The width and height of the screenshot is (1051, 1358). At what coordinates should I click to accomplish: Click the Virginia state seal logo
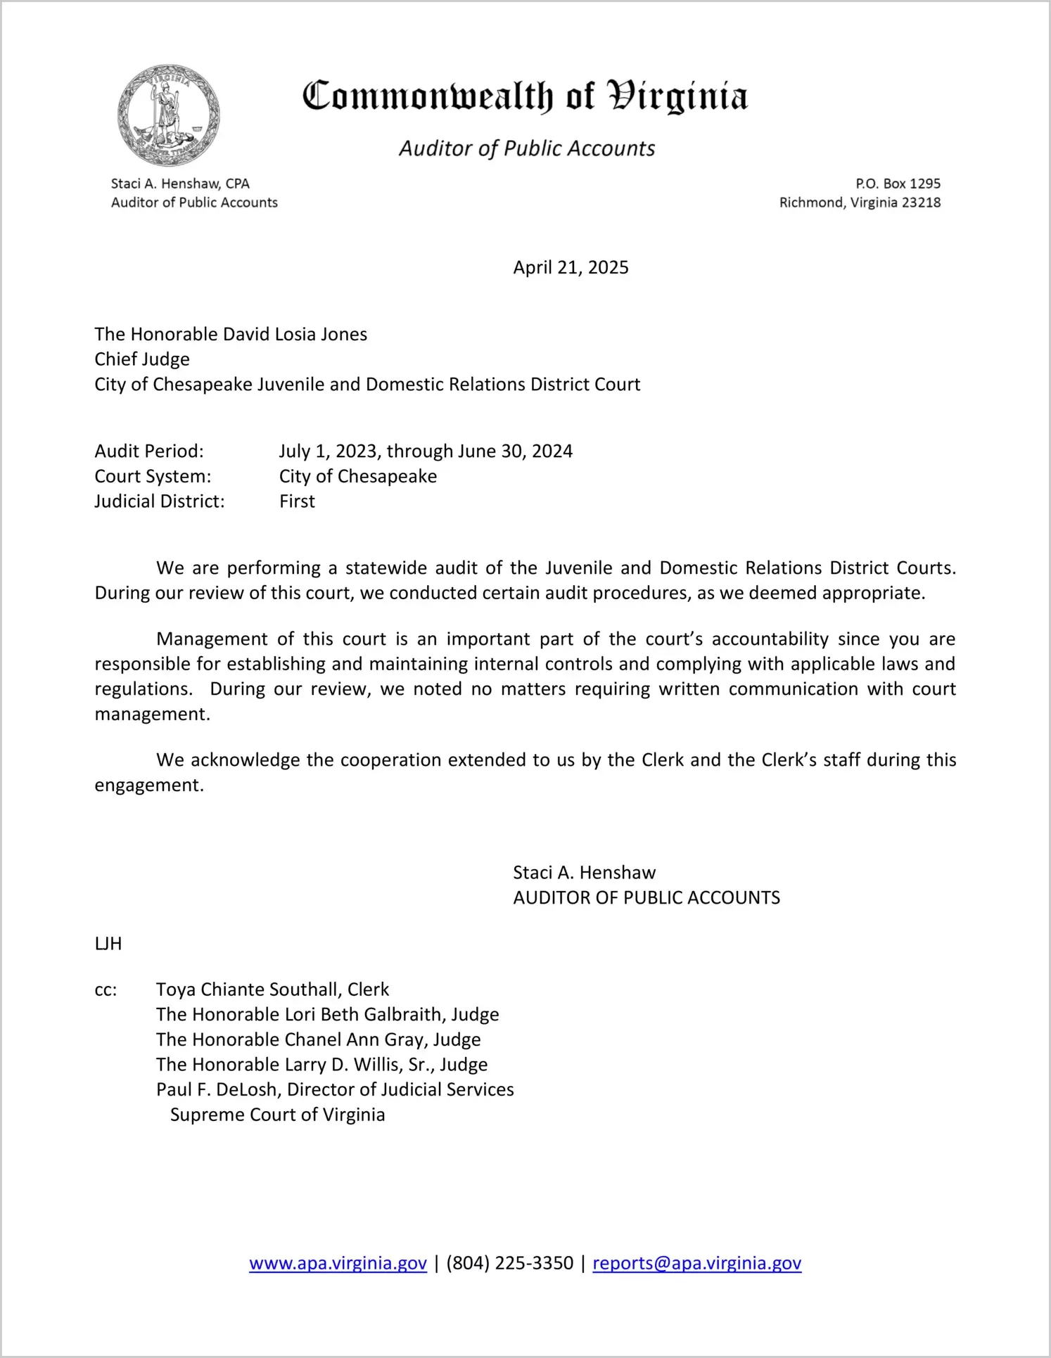click(169, 115)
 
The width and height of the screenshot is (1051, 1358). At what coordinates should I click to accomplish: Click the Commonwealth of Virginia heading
click(525, 96)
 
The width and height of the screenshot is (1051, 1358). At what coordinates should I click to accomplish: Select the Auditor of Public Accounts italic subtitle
click(527, 148)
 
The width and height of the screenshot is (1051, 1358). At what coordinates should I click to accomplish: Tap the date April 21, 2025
click(571, 268)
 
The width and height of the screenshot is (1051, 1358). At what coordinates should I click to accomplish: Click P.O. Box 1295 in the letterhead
click(898, 184)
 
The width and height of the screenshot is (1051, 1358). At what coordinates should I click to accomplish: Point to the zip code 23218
click(921, 203)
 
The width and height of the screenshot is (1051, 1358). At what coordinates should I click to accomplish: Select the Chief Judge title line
click(142, 359)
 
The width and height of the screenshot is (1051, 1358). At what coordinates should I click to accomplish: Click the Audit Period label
click(149, 451)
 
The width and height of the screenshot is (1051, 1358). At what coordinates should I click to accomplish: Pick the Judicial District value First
click(297, 501)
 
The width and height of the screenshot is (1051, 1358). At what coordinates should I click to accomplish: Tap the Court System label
click(153, 476)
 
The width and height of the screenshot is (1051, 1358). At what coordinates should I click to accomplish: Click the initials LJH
click(108, 944)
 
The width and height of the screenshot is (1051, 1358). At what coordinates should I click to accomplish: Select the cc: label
click(106, 990)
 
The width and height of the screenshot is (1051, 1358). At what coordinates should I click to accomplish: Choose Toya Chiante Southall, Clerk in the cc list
click(272, 990)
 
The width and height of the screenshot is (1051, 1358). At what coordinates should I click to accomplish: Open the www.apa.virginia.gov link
click(338, 1263)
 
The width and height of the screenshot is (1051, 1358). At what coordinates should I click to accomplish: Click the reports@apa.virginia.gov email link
click(696, 1263)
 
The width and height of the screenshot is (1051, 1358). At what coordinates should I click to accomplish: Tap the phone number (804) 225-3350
click(509, 1263)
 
